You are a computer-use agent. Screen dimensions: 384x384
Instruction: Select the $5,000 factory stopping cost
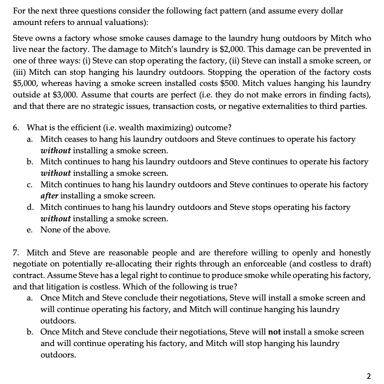click(24, 84)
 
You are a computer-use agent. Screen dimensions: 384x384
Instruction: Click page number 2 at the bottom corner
click(369, 376)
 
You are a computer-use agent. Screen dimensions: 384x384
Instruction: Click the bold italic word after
click(49, 196)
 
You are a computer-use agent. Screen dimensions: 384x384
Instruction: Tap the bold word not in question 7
click(275, 332)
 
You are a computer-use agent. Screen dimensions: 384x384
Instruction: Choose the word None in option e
click(50, 230)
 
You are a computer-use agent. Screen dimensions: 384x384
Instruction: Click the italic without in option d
click(56, 219)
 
